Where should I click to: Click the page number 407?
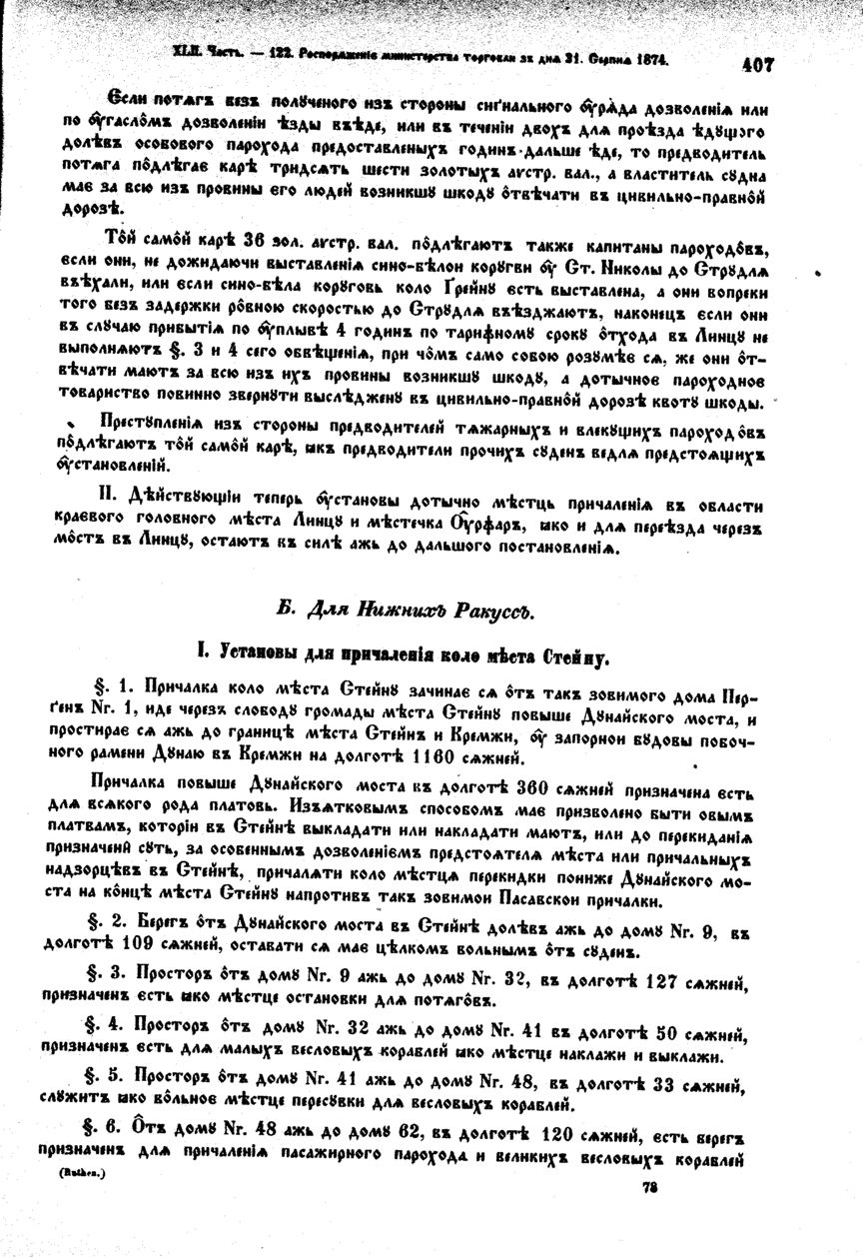point(758,64)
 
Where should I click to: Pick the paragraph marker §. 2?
point(113,922)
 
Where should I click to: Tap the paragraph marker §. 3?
point(113,971)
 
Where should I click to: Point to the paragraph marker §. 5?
point(113,1082)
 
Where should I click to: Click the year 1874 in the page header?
point(649,60)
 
